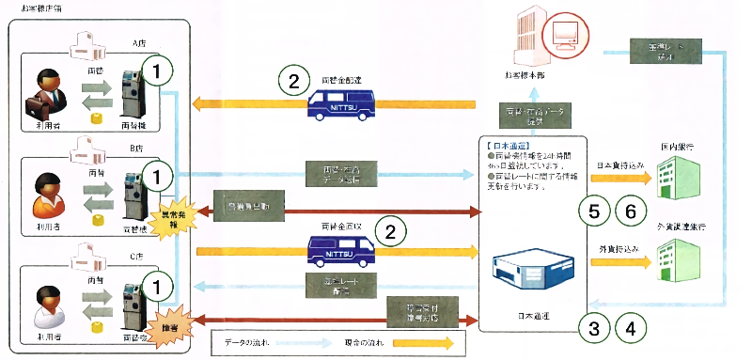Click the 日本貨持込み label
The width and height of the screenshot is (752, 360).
[621, 165]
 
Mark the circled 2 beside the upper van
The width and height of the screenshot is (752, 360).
[294, 82]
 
